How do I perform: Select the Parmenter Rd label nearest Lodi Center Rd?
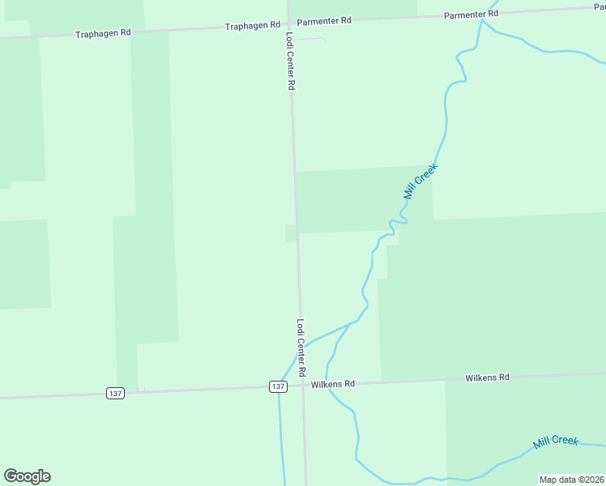click(x=324, y=20)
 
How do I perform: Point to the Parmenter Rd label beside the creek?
click(x=472, y=15)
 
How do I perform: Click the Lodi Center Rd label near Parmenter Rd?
click(x=289, y=62)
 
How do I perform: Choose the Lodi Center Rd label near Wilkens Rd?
click(x=301, y=347)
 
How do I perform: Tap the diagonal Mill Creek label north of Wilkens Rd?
click(x=420, y=181)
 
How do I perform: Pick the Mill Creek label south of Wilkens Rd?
click(x=556, y=441)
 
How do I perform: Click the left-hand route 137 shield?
click(x=115, y=393)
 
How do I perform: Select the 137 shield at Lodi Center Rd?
click(x=278, y=386)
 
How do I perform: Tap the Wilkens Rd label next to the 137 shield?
click(x=333, y=383)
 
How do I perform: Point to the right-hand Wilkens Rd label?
click(x=487, y=377)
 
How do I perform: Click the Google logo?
click(x=27, y=476)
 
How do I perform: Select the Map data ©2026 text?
click(x=571, y=480)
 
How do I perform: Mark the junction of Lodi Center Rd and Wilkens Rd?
click(x=303, y=386)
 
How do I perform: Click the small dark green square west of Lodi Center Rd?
click(x=290, y=233)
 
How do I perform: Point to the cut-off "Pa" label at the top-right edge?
click(x=600, y=6)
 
